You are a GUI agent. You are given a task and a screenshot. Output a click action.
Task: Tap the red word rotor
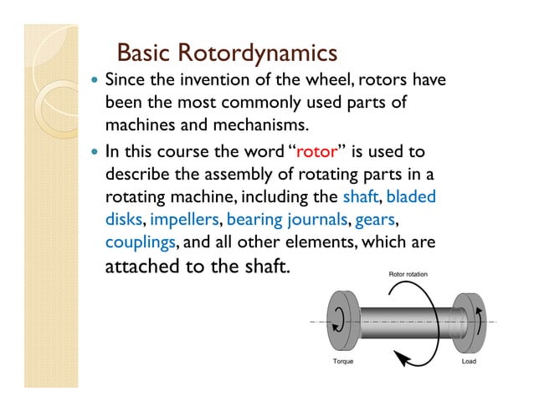click(317, 152)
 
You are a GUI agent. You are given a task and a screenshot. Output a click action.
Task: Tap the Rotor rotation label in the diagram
click(413, 274)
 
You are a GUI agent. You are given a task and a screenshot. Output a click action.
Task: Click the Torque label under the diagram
click(345, 363)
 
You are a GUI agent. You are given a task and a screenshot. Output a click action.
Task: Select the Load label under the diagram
click(469, 363)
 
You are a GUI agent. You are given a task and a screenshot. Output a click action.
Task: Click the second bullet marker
click(94, 153)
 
